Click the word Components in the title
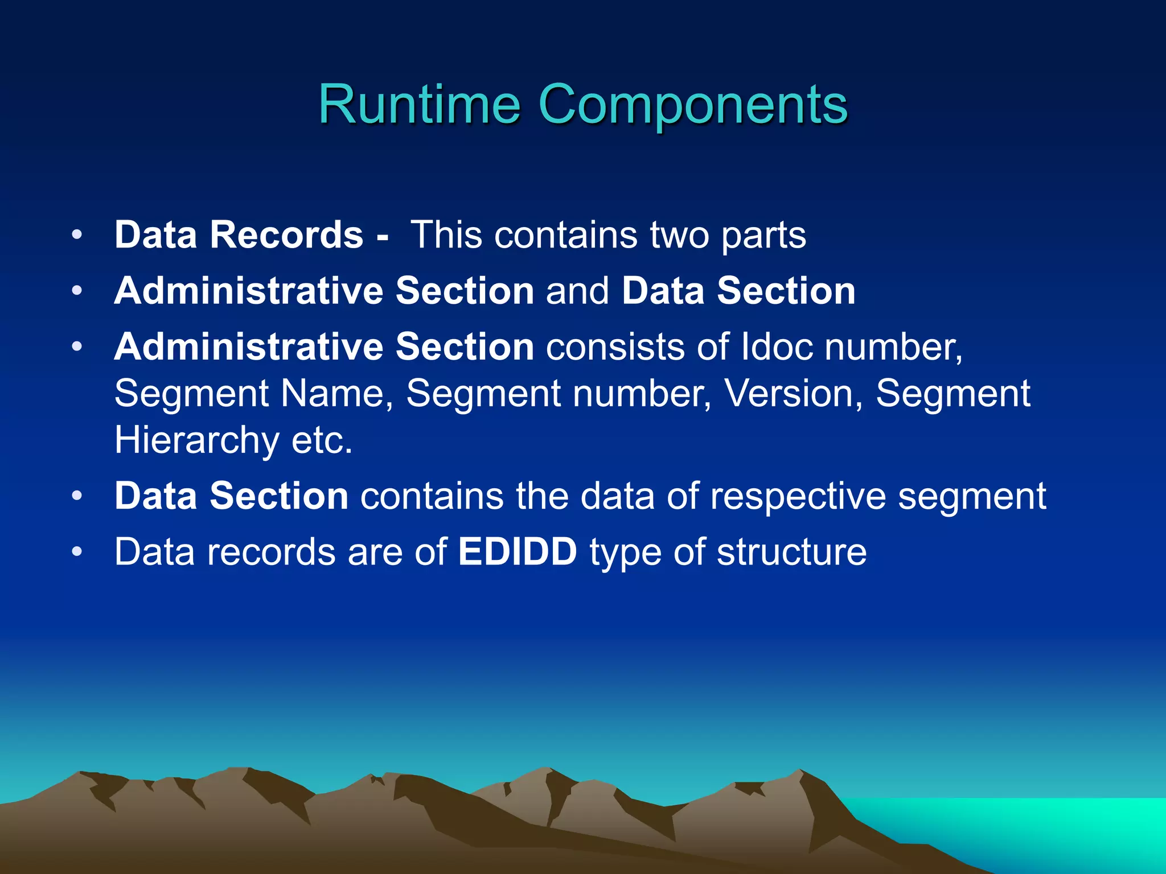click(x=692, y=105)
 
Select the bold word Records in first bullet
click(x=286, y=234)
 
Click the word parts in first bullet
click(x=763, y=236)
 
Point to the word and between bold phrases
click(x=577, y=291)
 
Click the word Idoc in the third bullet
click(x=777, y=347)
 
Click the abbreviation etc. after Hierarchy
click(x=322, y=440)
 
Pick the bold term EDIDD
click(x=518, y=551)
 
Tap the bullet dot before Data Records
click(x=77, y=235)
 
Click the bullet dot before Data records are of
click(x=77, y=552)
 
